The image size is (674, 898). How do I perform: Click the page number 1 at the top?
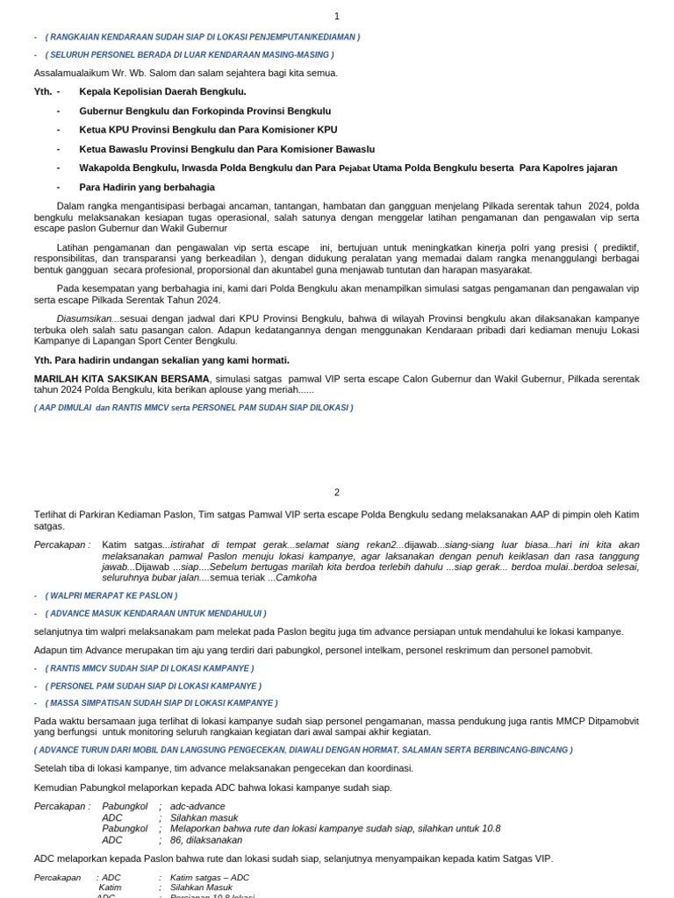click(336, 17)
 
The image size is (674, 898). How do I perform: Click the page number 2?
click(336, 493)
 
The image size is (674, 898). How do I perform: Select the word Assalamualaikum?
click(73, 73)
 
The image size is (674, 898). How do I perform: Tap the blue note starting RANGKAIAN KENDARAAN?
click(203, 37)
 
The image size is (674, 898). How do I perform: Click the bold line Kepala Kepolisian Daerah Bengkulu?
click(162, 91)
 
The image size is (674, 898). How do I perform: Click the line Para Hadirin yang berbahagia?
click(147, 187)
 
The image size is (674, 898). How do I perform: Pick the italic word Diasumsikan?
click(84, 317)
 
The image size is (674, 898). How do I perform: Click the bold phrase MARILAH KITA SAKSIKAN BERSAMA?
click(122, 378)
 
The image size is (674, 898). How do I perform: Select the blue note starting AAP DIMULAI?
click(193, 408)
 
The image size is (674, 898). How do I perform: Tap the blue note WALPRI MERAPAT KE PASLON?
click(111, 595)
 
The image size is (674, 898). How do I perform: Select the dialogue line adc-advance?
click(197, 806)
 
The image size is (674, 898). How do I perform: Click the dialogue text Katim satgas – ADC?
click(210, 877)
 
